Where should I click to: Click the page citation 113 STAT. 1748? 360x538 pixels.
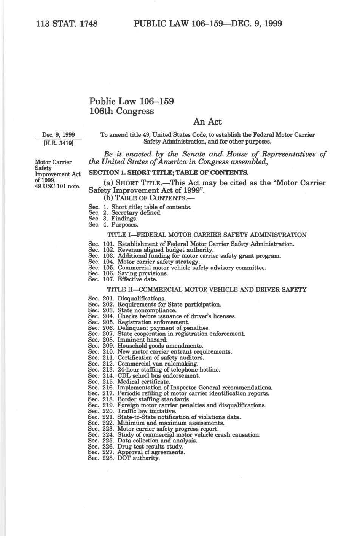point(67,24)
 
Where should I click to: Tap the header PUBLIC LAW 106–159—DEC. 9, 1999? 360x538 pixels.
point(208,24)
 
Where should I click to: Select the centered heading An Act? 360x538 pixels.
point(207,121)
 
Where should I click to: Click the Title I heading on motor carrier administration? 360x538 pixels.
point(207,235)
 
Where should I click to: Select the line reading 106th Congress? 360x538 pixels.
point(122,111)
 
